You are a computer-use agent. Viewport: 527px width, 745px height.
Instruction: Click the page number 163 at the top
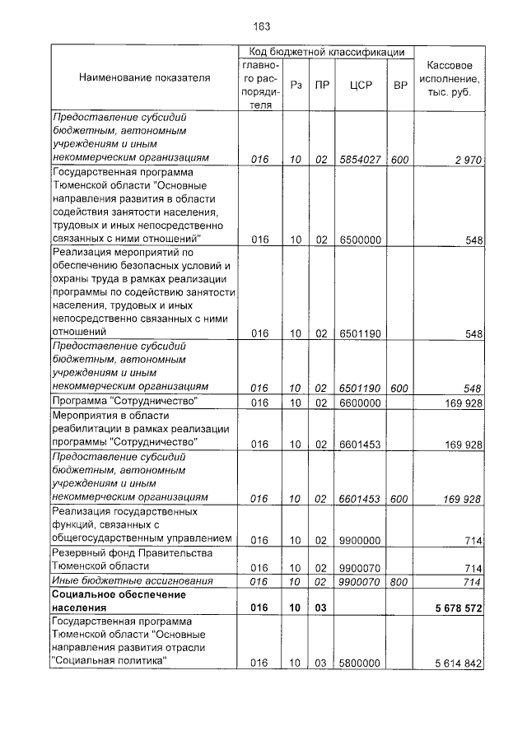pos(263,26)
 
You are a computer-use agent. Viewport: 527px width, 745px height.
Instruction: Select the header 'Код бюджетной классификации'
pos(326,52)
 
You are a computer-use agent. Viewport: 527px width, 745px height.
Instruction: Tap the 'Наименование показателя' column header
pos(145,77)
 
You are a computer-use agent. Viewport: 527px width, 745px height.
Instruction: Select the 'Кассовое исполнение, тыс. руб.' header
pos(450,77)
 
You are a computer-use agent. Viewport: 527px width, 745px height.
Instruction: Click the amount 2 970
pos(466,160)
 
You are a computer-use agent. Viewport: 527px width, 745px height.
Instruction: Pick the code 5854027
pos(359,160)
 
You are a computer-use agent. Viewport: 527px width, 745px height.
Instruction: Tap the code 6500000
pos(359,240)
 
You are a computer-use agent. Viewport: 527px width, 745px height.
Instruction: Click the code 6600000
pos(359,403)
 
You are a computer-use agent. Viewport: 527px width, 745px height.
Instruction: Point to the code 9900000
pos(359,540)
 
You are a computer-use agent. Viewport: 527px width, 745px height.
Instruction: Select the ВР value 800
pos(400,581)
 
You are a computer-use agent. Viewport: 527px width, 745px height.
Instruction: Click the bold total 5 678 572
pos(450,608)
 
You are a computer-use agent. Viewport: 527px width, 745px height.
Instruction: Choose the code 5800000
pos(359,663)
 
